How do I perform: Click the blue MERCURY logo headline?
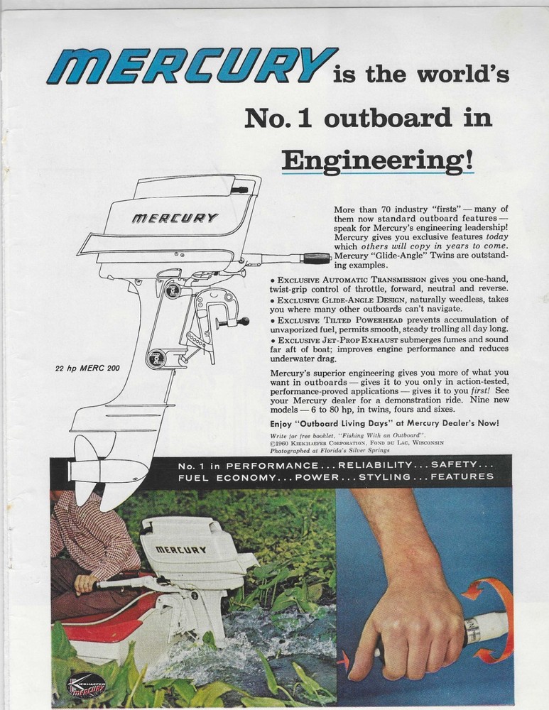[192, 65]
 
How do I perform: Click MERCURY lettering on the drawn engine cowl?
[175, 218]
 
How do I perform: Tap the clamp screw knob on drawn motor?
[241, 322]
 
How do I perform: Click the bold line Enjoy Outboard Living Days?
[384, 422]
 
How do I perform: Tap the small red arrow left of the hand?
[343, 660]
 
